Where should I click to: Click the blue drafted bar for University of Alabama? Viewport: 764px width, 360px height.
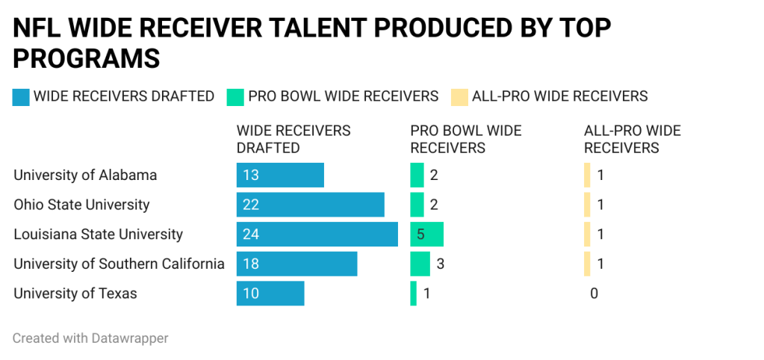tap(280, 176)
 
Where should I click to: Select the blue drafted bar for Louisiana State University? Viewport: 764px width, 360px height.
tap(317, 235)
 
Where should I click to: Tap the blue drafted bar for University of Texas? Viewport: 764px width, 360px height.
tap(270, 294)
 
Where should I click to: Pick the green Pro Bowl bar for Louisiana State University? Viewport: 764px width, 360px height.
tap(426, 235)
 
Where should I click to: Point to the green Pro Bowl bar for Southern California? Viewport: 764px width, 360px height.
tap(420, 264)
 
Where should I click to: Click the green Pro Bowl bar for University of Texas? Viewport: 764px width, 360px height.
tap(413, 294)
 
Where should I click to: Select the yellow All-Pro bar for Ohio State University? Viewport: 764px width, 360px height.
tap(587, 205)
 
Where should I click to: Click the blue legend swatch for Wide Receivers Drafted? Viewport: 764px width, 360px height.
tap(21, 97)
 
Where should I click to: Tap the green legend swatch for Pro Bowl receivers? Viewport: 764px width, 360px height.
tap(235, 97)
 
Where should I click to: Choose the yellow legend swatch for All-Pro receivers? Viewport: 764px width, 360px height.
tap(459, 97)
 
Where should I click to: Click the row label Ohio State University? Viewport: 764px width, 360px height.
tap(81, 205)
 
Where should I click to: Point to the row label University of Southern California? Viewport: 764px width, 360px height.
tap(119, 264)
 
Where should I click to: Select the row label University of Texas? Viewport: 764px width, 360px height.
tap(75, 294)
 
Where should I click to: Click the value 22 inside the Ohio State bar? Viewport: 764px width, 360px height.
tap(250, 205)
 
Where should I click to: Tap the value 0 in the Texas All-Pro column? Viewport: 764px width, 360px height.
tap(594, 294)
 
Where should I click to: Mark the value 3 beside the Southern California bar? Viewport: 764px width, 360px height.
tap(441, 264)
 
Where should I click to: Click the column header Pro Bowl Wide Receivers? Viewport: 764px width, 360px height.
tap(465, 139)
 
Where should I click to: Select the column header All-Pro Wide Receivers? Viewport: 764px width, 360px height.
tap(632, 139)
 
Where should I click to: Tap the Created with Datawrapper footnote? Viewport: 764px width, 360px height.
tap(90, 338)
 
